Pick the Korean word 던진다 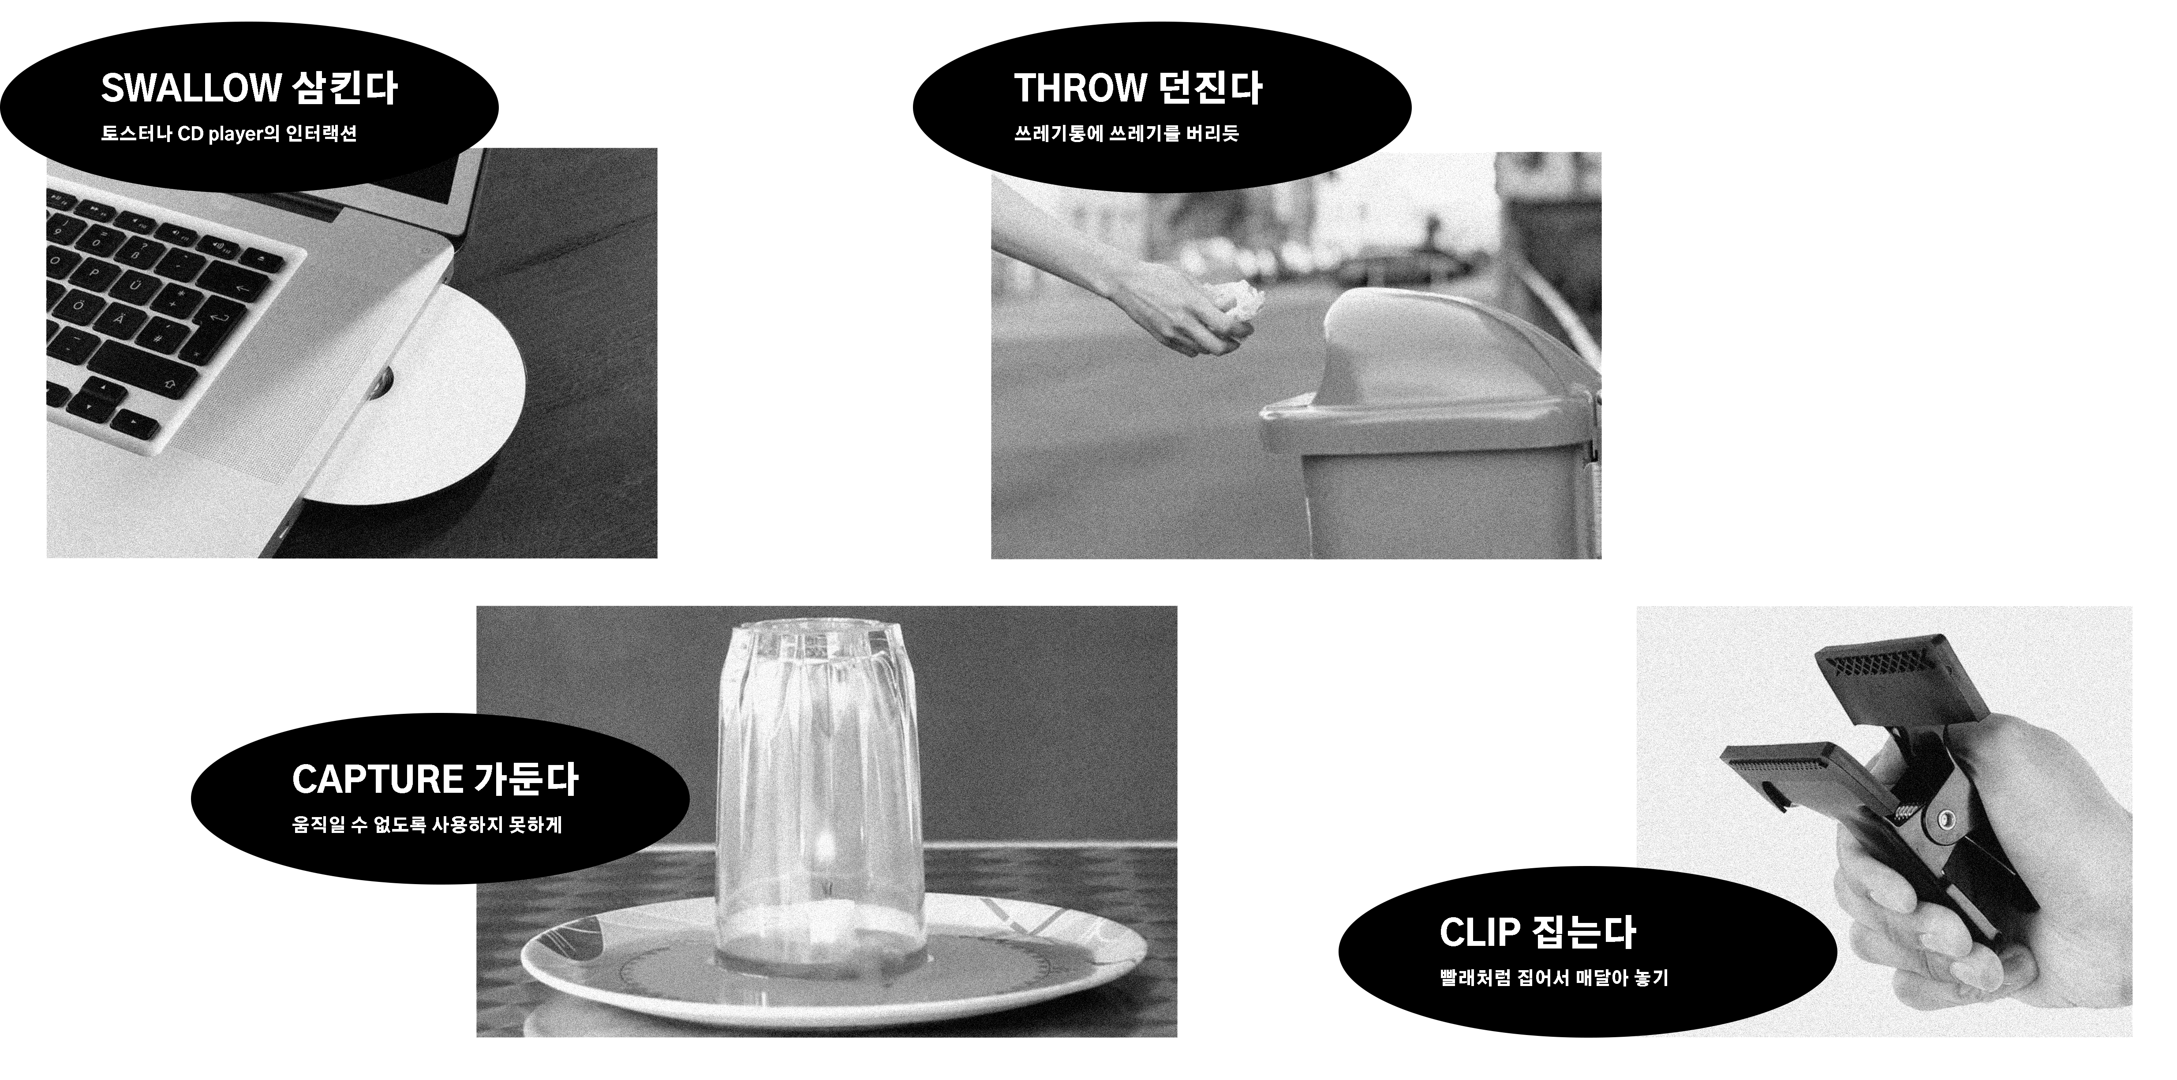point(1211,88)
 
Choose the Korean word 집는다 point(1584,933)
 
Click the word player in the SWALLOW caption point(232,135)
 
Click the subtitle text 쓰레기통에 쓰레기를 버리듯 point(1126,134)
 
